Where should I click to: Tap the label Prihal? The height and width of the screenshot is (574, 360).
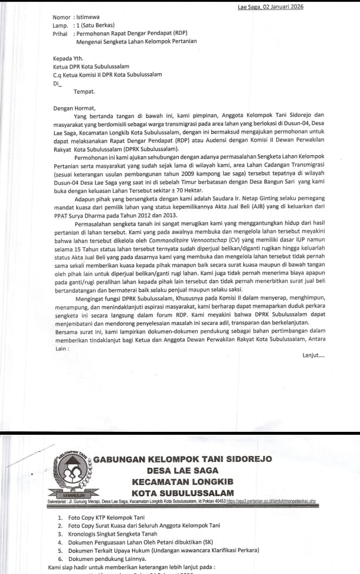60,34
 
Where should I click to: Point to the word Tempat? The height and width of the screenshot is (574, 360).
84,91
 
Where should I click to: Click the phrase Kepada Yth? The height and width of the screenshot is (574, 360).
68,59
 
